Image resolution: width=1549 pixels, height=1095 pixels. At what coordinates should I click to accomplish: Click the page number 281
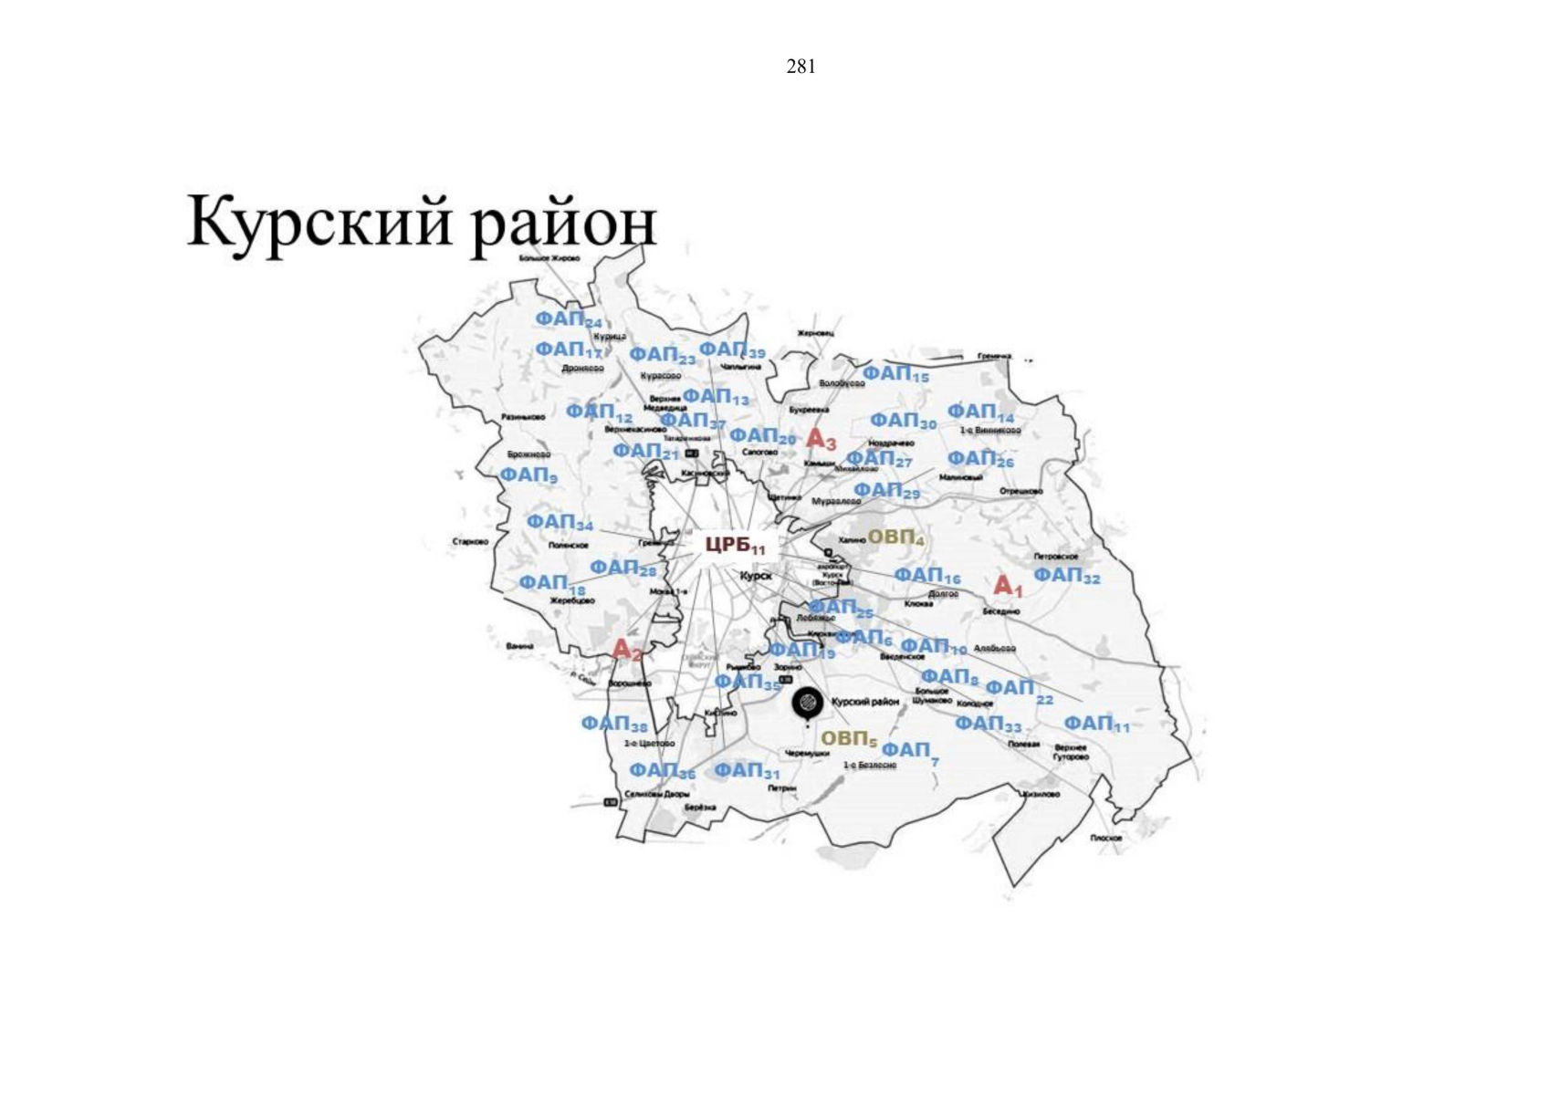(x=801, y=67)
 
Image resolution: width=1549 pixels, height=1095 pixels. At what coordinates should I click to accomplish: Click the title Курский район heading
(x=422, y=222)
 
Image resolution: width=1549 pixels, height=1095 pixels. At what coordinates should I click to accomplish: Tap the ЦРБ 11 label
(x=735, y=546)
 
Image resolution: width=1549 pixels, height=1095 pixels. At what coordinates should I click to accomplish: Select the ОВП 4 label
(x=895, y=537)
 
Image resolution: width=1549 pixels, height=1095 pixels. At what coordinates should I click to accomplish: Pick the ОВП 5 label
(x=848, y=738)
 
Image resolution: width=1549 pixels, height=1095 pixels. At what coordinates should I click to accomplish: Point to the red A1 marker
(x=1008, y=587)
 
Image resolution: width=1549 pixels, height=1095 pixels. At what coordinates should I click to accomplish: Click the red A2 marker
(x=627, y=650)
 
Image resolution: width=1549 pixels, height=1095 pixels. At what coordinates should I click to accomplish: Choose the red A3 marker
(x=821, y=440)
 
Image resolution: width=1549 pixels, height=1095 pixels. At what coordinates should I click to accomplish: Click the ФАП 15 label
(x=895, y=374)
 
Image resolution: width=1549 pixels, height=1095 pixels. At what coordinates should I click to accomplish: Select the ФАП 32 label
(x=1066, y=576)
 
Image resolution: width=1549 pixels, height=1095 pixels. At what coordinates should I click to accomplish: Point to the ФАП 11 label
(x=1096, y=724)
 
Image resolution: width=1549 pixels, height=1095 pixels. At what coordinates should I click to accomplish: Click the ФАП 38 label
(x=613, y=725)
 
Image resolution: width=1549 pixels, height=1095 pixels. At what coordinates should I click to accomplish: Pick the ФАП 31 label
(x=747, y=771)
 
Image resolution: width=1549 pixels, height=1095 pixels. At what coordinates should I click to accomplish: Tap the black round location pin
(x=807, y=704)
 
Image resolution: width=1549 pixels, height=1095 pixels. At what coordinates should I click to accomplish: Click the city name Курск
(x=755, y=577)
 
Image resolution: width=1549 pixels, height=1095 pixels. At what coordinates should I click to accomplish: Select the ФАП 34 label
(x=560, y=522)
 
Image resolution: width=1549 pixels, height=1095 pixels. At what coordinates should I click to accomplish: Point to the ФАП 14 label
(x=980, y=413)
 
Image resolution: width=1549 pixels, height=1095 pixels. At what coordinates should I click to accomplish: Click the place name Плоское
(x=1105, y=838)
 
